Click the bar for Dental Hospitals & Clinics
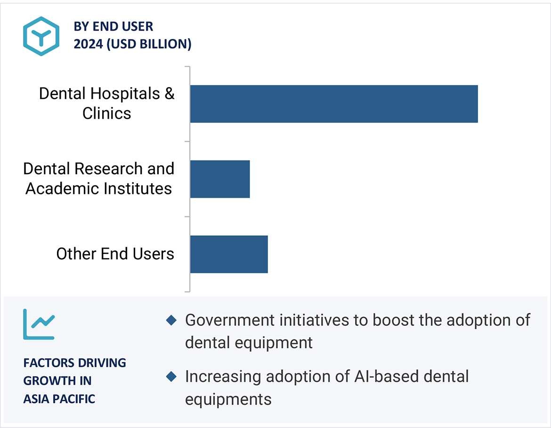pyautogui.click(x=334, y=104)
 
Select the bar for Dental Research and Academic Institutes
pyautogui.click(x=220, y=179)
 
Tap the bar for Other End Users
pyautogui.click(x=229, y=254)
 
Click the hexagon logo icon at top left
pyautogui.click(x=41, y=36)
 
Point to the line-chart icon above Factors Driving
pyautogui.click(x=39, y=324)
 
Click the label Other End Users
pyautogui.click(x=115, y=254)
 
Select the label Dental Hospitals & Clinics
pyautogui.click(x=106, y=104)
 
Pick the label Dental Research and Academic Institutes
pyautogui.click(x=99, y=179)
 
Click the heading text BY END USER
pyautogui.click(x=113, y=26)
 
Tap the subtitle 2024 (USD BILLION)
pyautogui.click(x=132, y=44)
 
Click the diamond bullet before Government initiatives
pyautogui.click(x=171, y=321)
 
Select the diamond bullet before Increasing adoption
pyautogui.click(x=171, y=377)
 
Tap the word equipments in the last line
pyautogui.click(x=228, y=399)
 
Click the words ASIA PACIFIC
pyautogui.click(x=59, y=399)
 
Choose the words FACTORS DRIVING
pyautogui.click(x=74, y=363)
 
